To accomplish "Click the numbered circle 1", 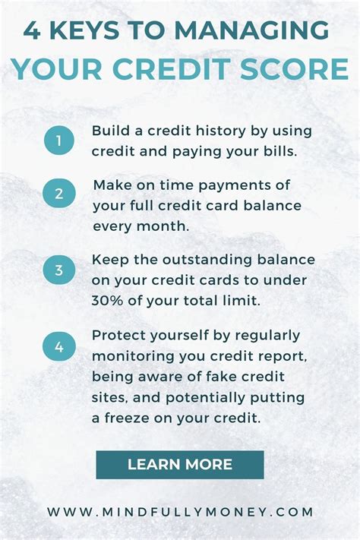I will (x=59, y=141).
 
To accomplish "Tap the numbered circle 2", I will (x=59, y=194).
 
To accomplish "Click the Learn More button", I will (x=180, y=464).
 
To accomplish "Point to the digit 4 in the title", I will (x=33, y=32).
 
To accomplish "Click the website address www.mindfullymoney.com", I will (x=180, y=512).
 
